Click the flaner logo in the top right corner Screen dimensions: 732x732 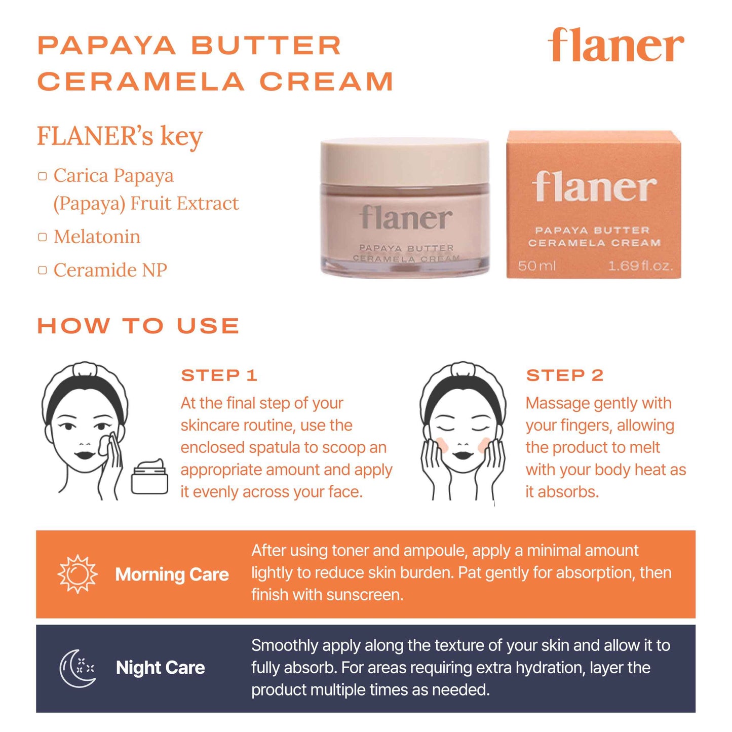click(615, 46)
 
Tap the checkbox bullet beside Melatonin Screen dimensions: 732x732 click(43, 237)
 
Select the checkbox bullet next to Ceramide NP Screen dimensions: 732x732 click(43, 270)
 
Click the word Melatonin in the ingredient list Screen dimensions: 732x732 click(97, 237)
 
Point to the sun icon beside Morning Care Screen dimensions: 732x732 click(77, 574)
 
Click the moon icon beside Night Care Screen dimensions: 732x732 click(78, 668)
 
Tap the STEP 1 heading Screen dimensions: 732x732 click(219, 375)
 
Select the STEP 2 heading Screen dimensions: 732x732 click(565, 375)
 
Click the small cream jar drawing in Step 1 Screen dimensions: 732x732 click(149, 477)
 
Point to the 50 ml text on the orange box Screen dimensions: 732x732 click(536, 266)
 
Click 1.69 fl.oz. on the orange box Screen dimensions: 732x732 click(640, 266)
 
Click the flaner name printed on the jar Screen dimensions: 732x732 click(406, 218)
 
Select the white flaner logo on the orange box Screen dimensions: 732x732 click(594, 187)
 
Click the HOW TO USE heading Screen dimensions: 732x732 click(138, 326)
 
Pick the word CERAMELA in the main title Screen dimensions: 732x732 click(140, 82)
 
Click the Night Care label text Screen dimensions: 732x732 click(160, 668)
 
